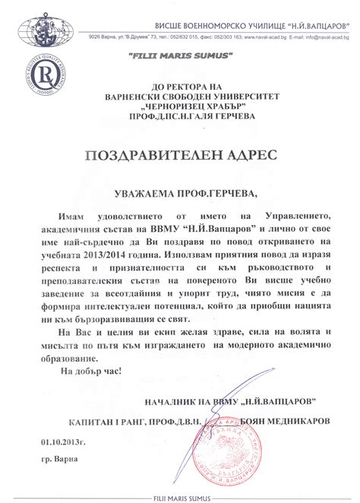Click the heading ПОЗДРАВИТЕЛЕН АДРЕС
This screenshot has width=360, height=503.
[x=181, y=155]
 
